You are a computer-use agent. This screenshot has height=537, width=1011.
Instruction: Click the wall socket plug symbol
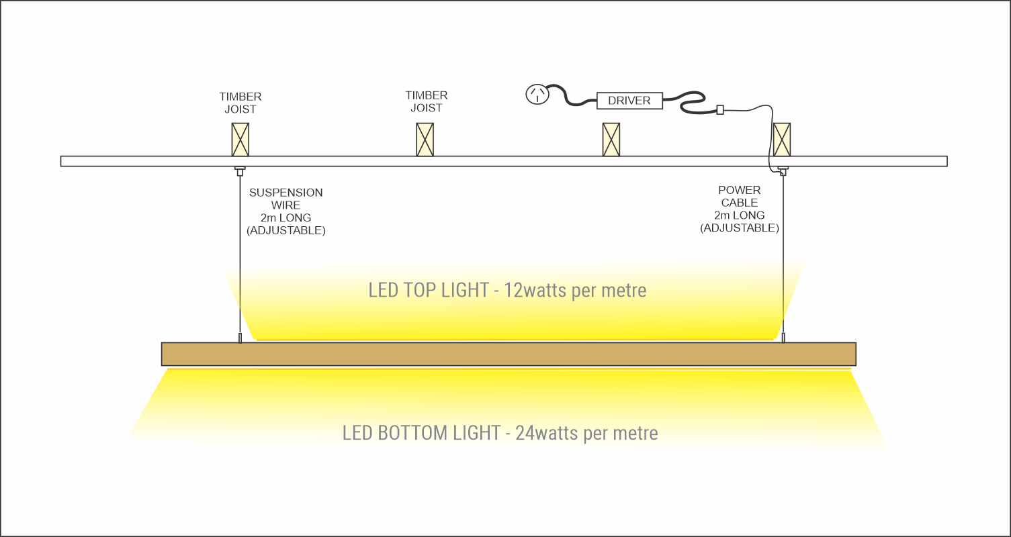(x=537, y=95)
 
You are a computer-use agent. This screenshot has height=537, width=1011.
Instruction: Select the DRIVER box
(x=629, y=101)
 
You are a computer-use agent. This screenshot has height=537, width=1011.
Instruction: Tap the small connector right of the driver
(x=720, y=109)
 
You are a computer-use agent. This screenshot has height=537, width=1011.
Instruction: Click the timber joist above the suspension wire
(x=240, y=139)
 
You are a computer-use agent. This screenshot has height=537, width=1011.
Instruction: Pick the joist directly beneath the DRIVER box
(x=611, y=139)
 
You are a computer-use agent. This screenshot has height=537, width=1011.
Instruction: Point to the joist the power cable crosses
(x=781, y=139)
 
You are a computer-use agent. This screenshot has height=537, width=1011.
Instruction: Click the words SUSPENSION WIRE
(x=285, y=199)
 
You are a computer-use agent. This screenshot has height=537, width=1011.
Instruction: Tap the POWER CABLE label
(x=739, y=196)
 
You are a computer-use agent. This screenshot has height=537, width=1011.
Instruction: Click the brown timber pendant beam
(x=509, y=354)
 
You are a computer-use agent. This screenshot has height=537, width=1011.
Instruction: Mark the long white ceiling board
(x=504, y=161)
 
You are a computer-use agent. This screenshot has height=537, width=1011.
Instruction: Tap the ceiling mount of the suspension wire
(x=240, y=170)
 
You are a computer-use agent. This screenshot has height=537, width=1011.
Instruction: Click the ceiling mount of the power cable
(x=783, y=170)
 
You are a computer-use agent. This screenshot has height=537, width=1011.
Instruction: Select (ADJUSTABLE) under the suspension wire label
(x=285, y=231)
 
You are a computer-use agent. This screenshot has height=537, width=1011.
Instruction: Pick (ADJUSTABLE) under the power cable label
(x=739, y=228)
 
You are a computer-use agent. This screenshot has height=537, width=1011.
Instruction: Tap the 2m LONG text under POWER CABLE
(x=739, y=215)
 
